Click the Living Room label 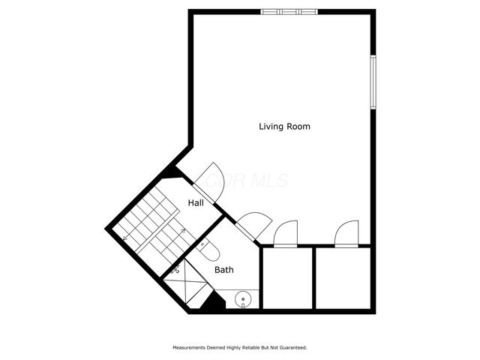[x=284, y=127]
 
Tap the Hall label [x=196, y=203]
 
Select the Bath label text [x=223, y=269]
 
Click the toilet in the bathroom [x=209, y=248]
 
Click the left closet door [x=286, y=234]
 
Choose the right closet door [x=347, y=234]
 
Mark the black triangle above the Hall [x=172, y=172]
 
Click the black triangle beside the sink [x=214, y=303]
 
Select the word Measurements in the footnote [x=191, y=348]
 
